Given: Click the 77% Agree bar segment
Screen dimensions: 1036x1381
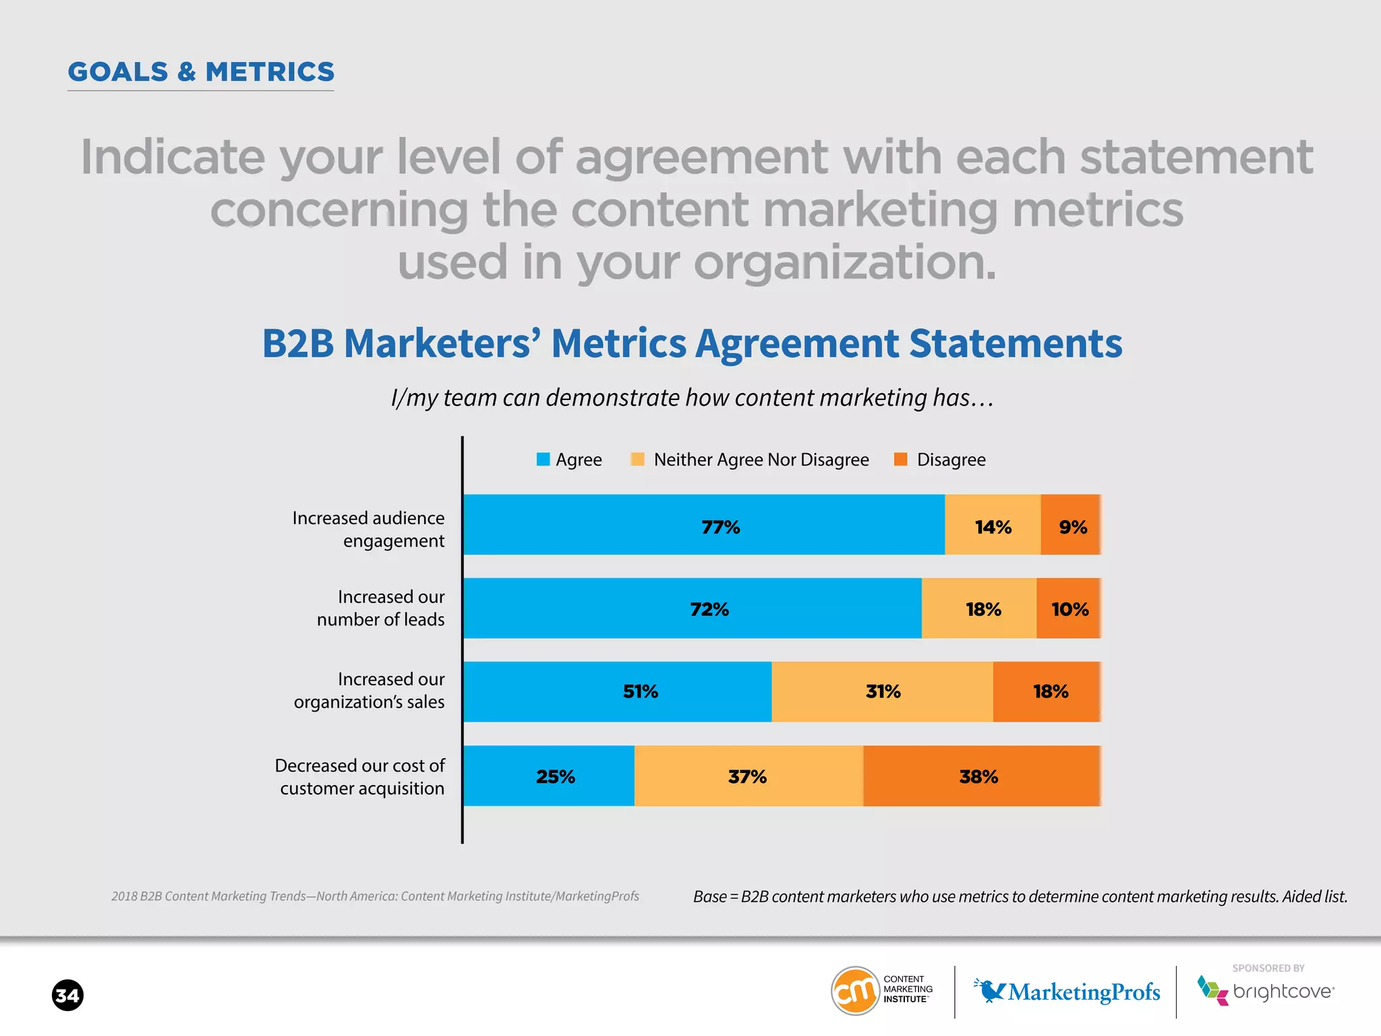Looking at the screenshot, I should [704, 525].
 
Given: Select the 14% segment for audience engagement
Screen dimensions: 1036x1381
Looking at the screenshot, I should [993, 525].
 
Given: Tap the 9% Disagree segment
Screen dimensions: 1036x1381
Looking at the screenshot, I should [1071, 525].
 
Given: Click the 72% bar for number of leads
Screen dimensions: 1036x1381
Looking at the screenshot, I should [693, 608].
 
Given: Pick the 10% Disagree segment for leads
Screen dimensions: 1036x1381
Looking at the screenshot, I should [1069, 608].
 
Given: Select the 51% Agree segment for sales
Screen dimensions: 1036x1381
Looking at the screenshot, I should [618, 692].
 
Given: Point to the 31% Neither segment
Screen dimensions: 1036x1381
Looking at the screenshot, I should [882, 692].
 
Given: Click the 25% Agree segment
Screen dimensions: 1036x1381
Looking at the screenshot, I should [549, 776].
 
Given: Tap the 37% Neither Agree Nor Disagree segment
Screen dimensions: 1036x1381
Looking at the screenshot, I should [748, 776].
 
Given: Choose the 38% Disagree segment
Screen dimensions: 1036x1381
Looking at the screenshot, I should [982, 776].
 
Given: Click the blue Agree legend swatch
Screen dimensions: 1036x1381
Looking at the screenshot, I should [543, 459].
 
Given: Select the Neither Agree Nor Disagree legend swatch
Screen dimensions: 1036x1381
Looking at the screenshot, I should [637, 459].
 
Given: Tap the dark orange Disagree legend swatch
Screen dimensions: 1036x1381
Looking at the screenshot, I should [900, 459].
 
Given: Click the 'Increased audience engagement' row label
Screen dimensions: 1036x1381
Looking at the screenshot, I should [368, 529].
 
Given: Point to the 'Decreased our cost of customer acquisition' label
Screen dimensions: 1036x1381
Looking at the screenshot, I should [360, 777].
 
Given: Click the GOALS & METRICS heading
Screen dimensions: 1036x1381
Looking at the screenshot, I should [201, 72].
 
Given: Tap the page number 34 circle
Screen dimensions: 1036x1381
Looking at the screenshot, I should [67, 996].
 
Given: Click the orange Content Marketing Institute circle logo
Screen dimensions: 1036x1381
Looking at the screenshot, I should [855, 991].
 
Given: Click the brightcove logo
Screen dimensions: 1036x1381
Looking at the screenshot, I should [1266, 991].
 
